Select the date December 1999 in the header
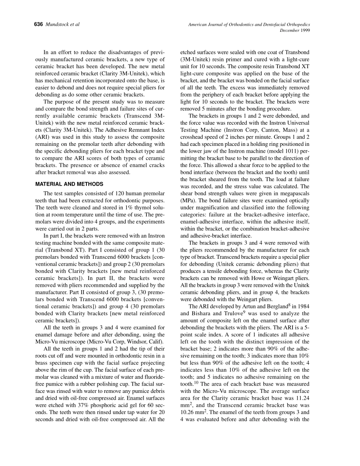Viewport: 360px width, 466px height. pos(295,31)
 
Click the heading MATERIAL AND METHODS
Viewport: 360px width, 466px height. pos(69,184)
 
